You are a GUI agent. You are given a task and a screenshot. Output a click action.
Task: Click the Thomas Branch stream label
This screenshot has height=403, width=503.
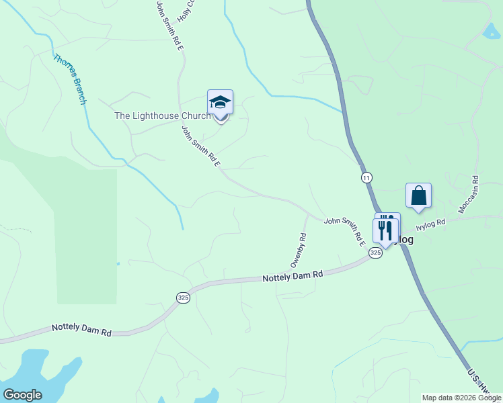coord(71,79)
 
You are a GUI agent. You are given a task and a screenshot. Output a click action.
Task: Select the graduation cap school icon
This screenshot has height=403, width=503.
coord(220,103)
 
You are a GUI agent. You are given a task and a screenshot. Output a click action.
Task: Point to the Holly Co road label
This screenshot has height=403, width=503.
coord(185,9)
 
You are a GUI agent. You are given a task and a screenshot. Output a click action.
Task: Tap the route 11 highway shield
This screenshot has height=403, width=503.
coord(366,177)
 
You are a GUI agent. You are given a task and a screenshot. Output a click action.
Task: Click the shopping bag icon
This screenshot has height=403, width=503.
coord(418,195)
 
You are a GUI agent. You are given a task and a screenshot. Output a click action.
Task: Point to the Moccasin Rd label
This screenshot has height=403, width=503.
coord(468,195)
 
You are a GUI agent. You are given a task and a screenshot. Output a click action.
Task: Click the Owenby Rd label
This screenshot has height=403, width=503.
coord(299,250)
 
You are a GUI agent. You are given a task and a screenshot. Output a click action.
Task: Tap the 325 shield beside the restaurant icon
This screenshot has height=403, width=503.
coord(375,253)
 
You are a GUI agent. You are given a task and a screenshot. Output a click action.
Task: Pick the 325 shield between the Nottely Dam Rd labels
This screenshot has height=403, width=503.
coord(183,297)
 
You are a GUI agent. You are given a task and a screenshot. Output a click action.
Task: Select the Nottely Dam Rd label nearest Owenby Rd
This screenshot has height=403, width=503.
coord(293,276)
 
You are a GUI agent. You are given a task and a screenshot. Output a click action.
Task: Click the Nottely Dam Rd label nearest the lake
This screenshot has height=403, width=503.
coord(81,330)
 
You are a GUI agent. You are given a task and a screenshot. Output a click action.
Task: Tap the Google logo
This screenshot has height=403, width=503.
coord(22,395)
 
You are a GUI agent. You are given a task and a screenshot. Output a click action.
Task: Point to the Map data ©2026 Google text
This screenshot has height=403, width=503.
coord(461,398)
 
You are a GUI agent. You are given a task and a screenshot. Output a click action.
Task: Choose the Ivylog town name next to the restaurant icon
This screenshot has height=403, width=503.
coord(403,239)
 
